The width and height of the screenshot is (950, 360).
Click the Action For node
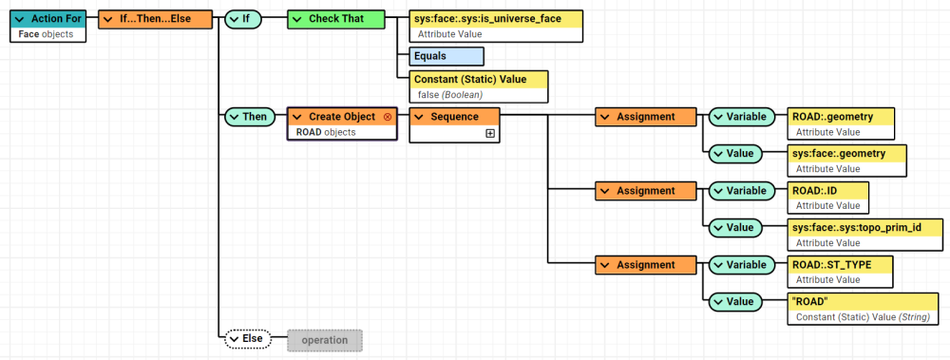point(47,27)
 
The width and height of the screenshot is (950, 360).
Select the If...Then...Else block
point(155,19)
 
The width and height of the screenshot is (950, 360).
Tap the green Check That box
point(338,19)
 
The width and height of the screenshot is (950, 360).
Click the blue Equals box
point(446,56)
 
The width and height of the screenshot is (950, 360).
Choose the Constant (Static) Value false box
point(480,86)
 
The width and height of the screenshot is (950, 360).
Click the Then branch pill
point(249,117)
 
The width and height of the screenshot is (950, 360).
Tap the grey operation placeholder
point(325,339)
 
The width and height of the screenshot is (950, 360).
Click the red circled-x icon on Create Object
point(387,117)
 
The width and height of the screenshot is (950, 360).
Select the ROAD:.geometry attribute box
point(843,123)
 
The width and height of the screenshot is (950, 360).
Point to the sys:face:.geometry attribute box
point(846,161)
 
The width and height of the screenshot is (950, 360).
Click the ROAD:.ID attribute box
point(828,198)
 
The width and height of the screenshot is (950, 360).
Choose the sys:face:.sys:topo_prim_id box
point(865,235)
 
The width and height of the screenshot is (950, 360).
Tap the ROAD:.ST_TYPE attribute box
point(842,272)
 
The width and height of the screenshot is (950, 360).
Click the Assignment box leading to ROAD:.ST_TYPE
point(646,265)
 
